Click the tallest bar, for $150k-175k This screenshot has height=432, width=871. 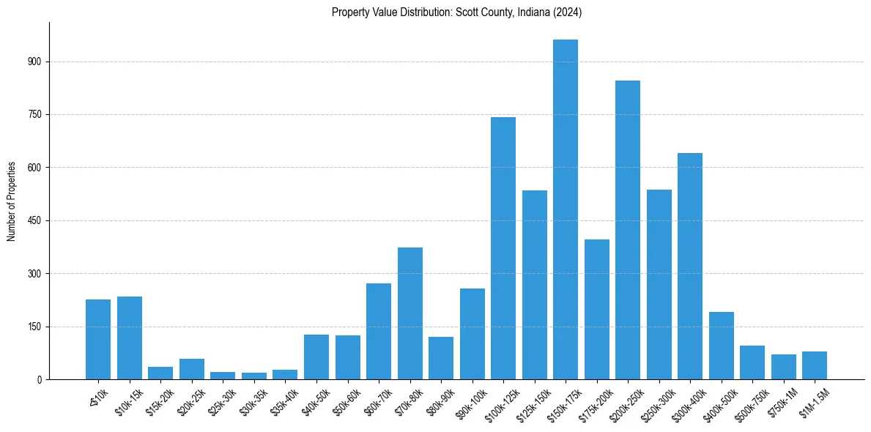[x=566, y=209]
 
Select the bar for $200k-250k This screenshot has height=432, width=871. [x=628, y=230]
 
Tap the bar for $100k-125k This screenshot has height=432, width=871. [x=503, y=248]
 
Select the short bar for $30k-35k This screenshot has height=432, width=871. [x=254, y=376]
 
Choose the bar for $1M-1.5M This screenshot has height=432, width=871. [x=815, y=365]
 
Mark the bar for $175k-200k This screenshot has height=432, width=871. [x=596, y=309]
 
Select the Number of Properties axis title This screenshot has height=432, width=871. [x=12, y=201]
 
